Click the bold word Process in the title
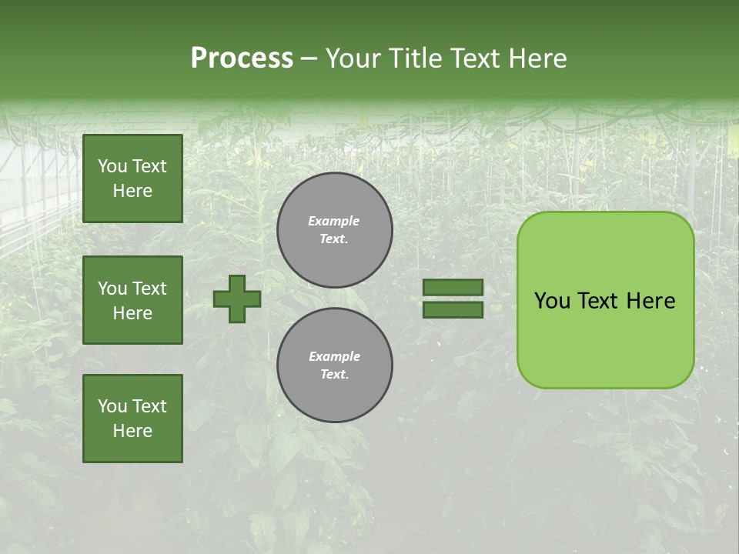point(242,58)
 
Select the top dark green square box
point(132,179)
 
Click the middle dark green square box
point(132,300)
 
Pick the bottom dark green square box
point(132,419)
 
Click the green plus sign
point(237,299)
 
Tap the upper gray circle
point(335,230)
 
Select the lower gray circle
point(335,365)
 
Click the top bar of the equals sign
point(453,288)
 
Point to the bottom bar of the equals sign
point(453,310)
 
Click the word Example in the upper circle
point(334,221)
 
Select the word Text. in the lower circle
point(334,375)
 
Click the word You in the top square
point(112,166)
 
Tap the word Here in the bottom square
point(132,431)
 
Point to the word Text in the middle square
point(149,289)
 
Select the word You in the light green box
point(552,301)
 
